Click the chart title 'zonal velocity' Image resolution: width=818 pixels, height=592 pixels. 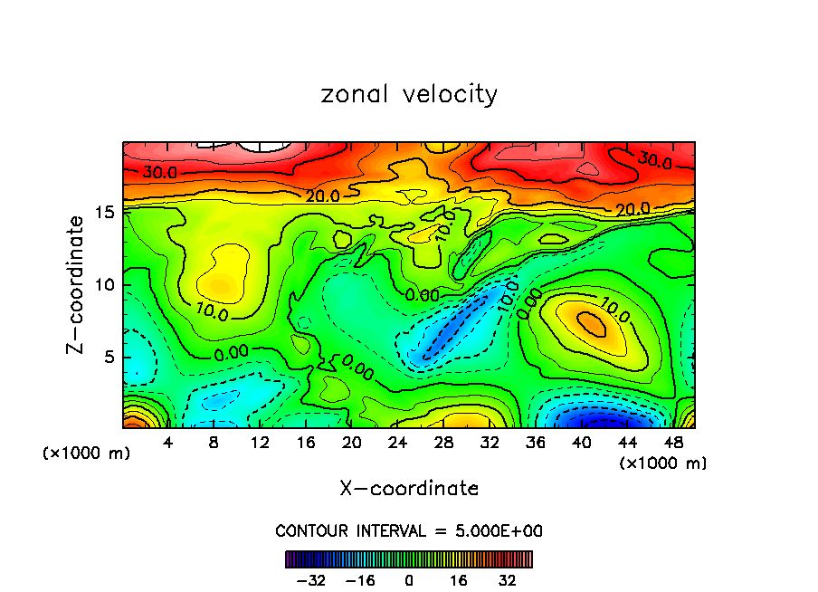[409, 94]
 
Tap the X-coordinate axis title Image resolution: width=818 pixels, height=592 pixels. [409, 489]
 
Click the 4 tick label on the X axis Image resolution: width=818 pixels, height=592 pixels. [167, 443]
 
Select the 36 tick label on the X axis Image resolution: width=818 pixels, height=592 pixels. [536, 443]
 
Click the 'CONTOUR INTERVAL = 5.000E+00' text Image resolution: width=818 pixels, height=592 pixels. [409, 530]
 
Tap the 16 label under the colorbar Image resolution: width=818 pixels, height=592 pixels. [459, 580]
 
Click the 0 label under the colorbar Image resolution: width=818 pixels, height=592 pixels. [409, 580]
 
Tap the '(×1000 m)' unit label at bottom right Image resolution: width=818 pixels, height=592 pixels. [663, 463]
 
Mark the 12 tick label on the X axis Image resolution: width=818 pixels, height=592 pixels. [260, 443]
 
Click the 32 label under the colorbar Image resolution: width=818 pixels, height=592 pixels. [508, 580]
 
